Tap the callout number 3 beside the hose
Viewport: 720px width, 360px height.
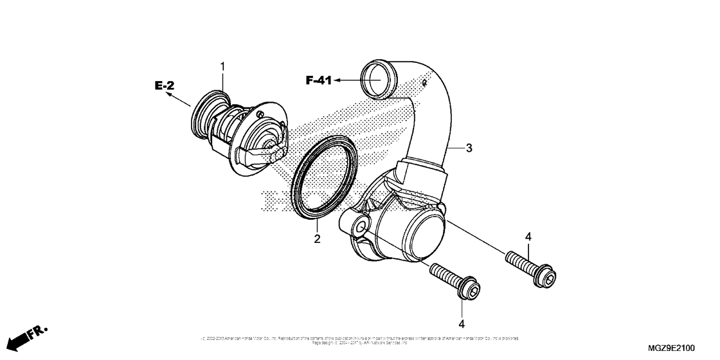click(469, 148)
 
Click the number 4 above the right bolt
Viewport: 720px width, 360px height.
click(528, 237)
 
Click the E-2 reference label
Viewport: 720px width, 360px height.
click(164, 85)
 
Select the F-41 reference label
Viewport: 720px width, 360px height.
click(318, 80)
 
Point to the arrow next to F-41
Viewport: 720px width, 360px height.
click(347, 80)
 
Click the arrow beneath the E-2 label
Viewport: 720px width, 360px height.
click(179, 99)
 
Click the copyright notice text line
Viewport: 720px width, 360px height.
click(360, 339)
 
